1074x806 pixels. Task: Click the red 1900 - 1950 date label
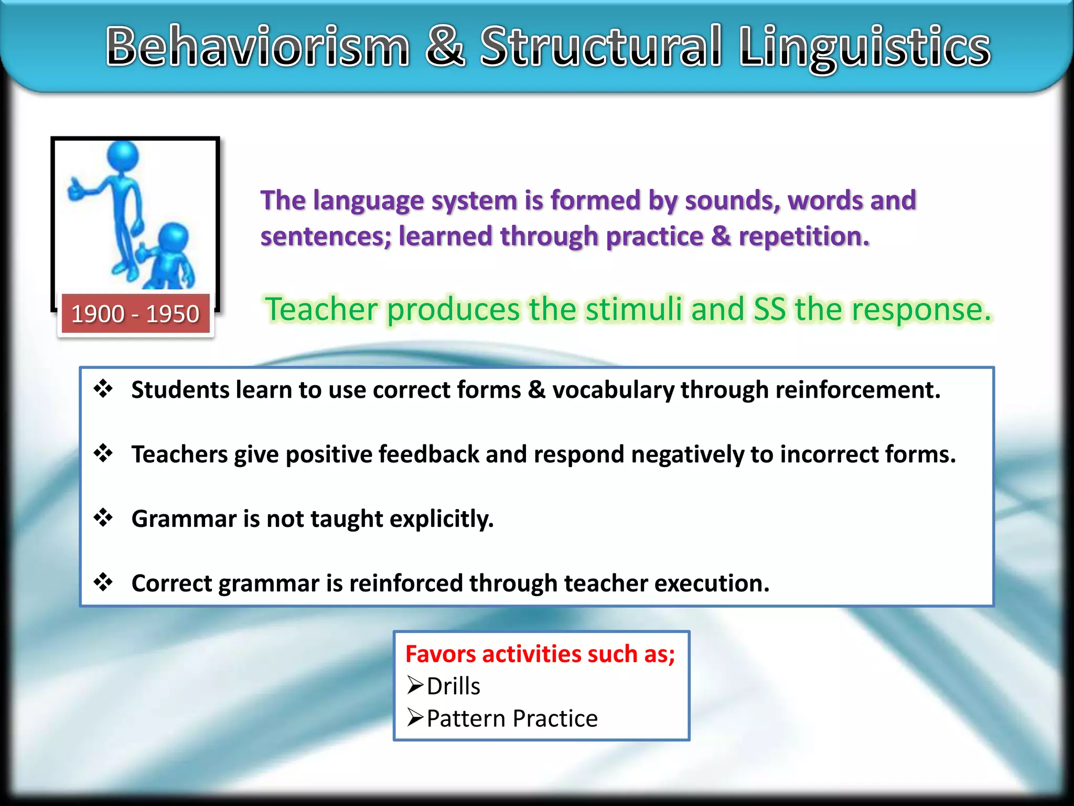135,314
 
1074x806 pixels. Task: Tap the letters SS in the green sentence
769,309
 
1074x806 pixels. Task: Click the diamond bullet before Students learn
103,389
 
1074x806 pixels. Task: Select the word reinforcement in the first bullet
857,390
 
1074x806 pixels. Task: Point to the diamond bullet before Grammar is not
103,518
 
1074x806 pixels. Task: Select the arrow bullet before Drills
415,685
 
